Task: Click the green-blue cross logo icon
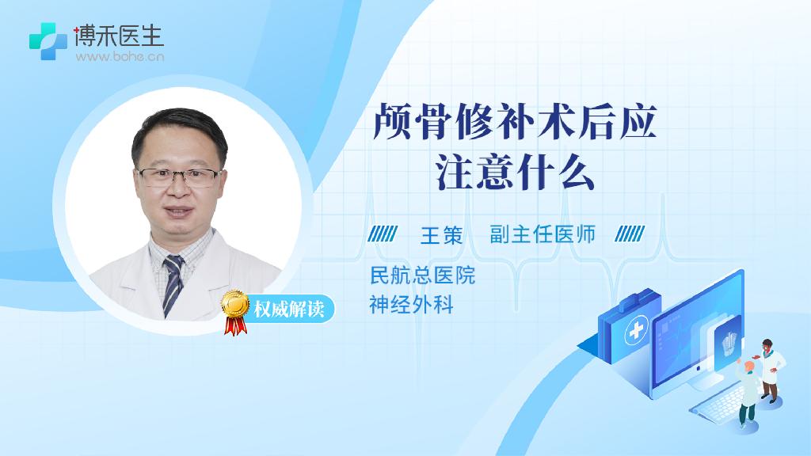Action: pos(48,41)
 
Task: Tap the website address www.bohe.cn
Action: pos(120,56)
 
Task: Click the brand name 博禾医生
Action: pos(119,36)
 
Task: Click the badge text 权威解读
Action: pos(289,310)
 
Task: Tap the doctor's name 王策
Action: pos(442,235)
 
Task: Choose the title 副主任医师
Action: pos(543,234)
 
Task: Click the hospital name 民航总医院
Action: pos(423,275)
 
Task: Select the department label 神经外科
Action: pos(412,305)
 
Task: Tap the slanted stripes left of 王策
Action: pos(383,234)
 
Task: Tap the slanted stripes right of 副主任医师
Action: pos(630,234)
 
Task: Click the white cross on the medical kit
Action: pos(637,330)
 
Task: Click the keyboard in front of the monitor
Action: pos(720,402)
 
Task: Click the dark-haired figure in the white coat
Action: pos(770,370)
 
